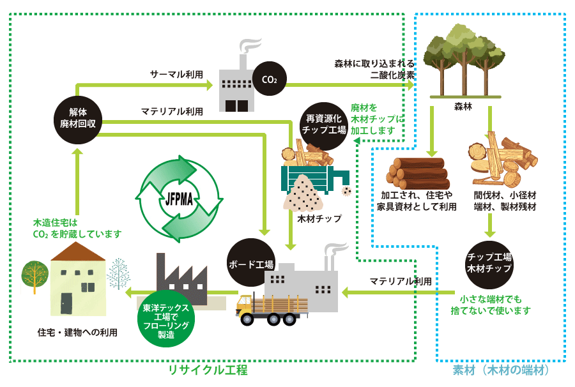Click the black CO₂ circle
tap(269, 79)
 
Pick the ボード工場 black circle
tap(251, 263)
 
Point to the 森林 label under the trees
tap(463, 105)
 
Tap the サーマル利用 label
tap(176, 75)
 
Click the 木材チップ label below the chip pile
tap(319, 218)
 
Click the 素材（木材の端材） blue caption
tap(502, 370)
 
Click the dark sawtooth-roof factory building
tap(180, 280)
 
